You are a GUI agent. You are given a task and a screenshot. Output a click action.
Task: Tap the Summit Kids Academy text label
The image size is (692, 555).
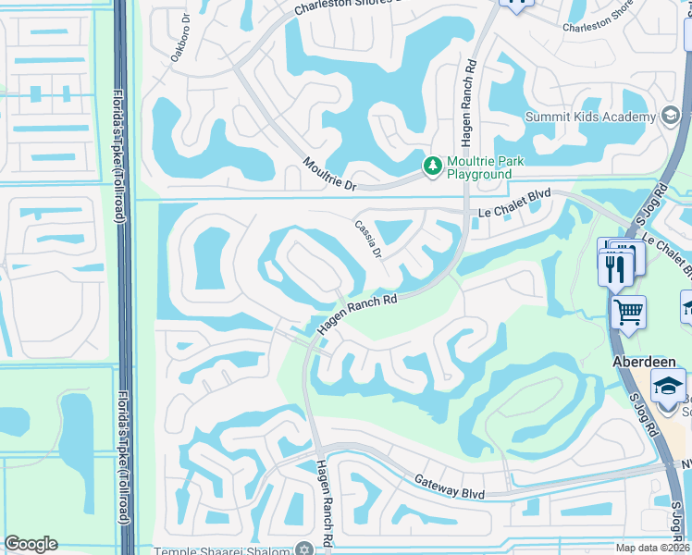590,117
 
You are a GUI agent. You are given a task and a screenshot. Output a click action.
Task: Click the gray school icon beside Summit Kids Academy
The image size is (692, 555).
671,117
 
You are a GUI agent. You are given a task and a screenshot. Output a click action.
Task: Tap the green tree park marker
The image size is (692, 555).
431,166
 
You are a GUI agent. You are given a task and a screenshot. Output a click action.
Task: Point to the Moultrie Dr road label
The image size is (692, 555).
330,174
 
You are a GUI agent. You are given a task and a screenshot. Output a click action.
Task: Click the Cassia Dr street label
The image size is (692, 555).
368,239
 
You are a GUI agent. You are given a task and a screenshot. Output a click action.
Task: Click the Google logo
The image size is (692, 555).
31,544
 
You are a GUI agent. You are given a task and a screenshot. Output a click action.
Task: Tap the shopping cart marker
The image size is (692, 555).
628,312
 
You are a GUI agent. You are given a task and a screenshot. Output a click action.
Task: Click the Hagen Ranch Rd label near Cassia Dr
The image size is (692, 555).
357,314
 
